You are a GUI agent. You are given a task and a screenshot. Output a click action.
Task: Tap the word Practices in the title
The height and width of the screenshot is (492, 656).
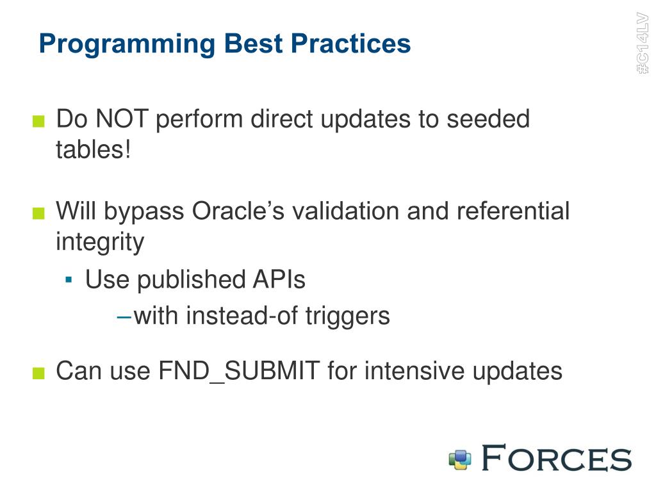coord(351,43)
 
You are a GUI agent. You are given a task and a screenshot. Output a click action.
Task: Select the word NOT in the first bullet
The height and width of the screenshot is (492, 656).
coord(122,119)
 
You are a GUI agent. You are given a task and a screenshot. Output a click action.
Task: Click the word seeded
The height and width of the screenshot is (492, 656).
coord(488,119)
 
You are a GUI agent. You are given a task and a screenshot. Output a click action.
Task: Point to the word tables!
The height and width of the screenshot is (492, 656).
coord(94,149)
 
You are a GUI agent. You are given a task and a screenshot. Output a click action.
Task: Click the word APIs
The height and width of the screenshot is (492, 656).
coord(279,279)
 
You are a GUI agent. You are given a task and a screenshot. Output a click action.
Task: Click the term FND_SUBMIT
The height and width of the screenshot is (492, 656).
coord(240,372)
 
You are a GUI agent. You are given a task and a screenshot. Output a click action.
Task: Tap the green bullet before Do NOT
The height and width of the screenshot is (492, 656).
coord(38,121)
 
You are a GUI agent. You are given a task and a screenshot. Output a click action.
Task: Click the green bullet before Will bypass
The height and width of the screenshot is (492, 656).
coord(38,213)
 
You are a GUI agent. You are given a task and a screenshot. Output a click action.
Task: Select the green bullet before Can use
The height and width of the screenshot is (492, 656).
coord(38,373)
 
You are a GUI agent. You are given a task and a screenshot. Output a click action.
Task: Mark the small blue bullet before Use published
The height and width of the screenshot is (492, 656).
coord(69,279)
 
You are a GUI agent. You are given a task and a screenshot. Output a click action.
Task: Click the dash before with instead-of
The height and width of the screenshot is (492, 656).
coord(124,318)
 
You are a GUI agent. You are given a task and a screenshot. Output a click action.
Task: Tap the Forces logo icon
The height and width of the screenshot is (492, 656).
coord(460,460)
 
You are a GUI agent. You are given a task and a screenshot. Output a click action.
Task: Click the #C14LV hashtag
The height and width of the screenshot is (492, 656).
coord(643,43)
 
